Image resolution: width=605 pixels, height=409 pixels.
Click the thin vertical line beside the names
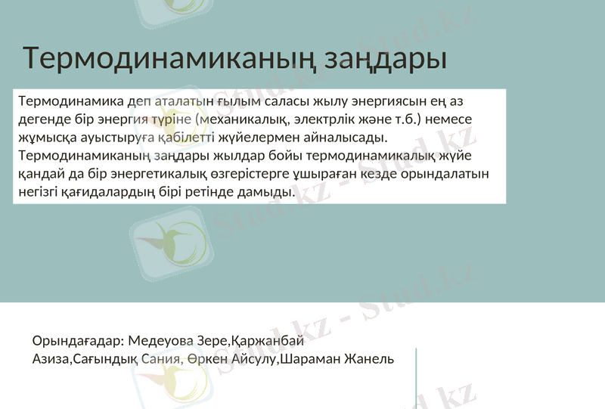[x=417, y=378]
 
